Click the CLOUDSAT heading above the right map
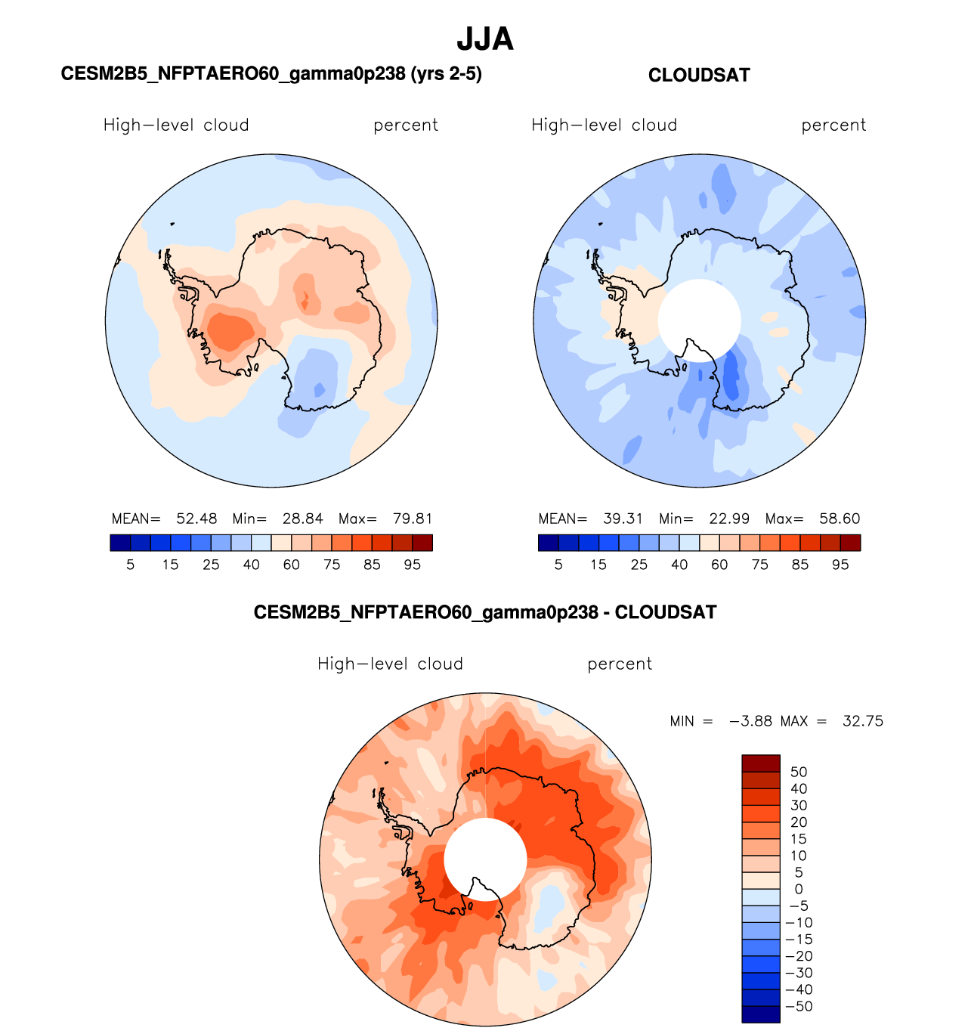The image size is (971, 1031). [x=699, y=76]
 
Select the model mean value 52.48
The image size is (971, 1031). [x=196, y=519]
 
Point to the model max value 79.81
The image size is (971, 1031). [x=413, y=519]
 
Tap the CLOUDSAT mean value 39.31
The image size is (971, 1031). [x=623, y=519]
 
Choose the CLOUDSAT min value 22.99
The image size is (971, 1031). [x=729, y=519]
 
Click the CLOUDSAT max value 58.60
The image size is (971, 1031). [x=840, y=519]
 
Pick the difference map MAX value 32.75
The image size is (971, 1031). [x=862, y=721]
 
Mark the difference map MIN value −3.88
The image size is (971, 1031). [x=750, y=721]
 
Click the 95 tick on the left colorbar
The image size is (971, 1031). [x=412, y=565]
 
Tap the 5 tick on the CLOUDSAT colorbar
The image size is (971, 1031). [x=558, y=565]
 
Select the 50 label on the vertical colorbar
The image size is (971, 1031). [x=799, y=772]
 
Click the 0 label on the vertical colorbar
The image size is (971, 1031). [x=799, y=889]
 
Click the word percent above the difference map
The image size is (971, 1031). [x=620, y=664]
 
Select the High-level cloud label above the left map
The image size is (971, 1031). [x=176, y=125]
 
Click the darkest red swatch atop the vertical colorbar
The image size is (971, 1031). [x=760, y=763]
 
